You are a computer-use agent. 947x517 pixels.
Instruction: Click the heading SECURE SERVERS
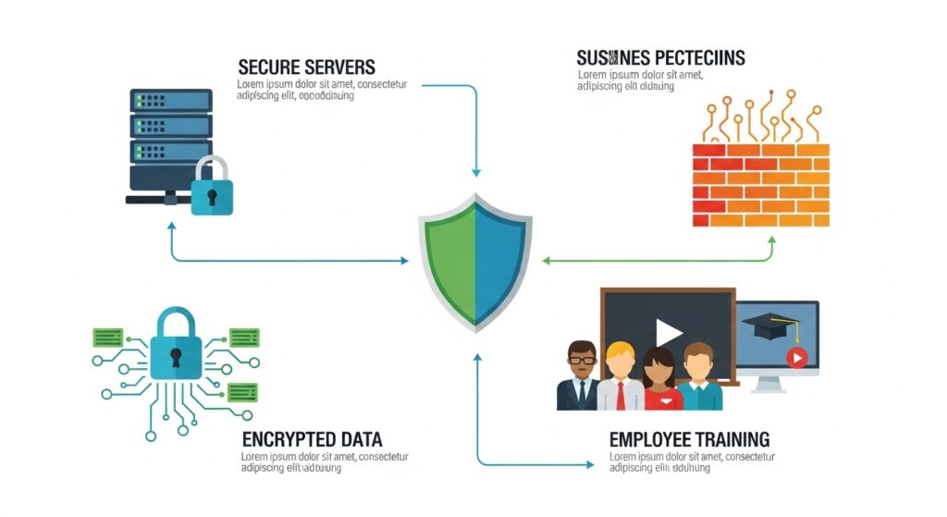pyautogui.click(x=306, y=68)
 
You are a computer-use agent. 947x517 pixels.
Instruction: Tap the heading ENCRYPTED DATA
pyautogui.click(x=312, y=439)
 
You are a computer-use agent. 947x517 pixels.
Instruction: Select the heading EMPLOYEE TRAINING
pyautogui.click(x=689, y=439)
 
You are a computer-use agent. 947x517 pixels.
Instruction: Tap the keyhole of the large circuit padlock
pyautogui.click(x=175, y=356)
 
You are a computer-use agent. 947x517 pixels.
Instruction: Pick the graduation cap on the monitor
pyautogui.click(x=770, y=326)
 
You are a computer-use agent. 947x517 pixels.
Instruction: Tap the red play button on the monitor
pyautogui.click(x=796, y=357)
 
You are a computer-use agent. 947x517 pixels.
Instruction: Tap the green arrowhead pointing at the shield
pyautogui.click(x=546, y=261)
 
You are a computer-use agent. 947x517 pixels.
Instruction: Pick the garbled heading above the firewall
pyautogui.click(x=660, y=58)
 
